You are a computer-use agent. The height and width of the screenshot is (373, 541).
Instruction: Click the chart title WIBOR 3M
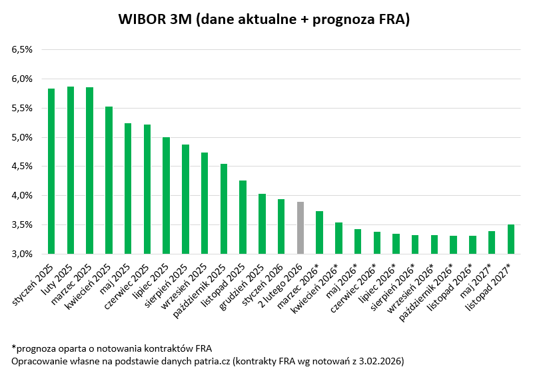point(264,19)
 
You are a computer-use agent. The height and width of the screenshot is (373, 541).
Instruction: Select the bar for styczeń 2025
point(51,171)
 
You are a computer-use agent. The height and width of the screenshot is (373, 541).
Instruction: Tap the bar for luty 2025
point(70,170)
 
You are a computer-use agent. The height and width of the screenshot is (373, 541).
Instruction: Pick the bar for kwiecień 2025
point(109,180)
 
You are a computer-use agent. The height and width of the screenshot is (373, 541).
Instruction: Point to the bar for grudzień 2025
point(262,224)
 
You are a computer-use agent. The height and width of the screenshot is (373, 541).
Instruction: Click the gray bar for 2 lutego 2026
point(300,228)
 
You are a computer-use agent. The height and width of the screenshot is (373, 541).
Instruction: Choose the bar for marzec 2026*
point(319,232)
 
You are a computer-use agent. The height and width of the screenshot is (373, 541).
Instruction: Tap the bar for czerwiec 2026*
point(377,242)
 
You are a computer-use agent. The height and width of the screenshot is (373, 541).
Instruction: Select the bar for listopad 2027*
point(511,239)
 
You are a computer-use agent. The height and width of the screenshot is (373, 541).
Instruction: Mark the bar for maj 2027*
point(492,242)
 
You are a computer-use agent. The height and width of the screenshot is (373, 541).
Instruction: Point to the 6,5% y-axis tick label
point(21,49)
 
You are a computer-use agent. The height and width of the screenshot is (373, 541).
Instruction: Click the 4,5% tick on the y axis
point(21,167)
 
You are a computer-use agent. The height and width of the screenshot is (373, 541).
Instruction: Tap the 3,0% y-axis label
point(21,254)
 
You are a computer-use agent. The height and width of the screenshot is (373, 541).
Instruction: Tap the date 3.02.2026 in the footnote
point(378,360)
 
